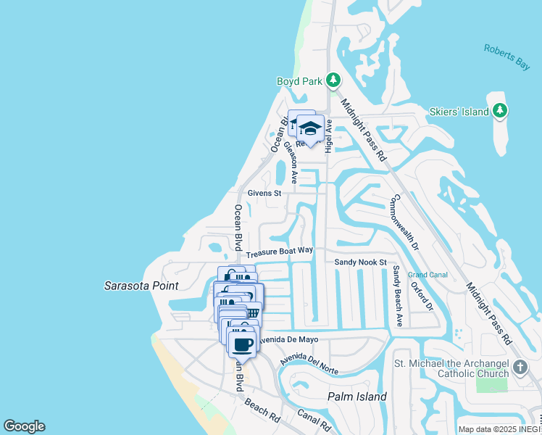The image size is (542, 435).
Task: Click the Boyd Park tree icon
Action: click(x=333, y=80)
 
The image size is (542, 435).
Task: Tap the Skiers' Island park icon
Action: click(x=499, y=110)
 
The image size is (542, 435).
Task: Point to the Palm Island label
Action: click(x=357, y=397)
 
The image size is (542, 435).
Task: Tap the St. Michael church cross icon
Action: click(x=520, y=368)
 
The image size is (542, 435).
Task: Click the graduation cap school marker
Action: click(x=310, y=128)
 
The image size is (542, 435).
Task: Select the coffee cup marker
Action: click(x=243, y=344)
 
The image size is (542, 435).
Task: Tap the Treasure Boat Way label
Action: click(x=279, y=252)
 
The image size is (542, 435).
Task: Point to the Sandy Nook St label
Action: click(x=361, y=262)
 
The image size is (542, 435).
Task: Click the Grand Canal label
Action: click(x=428, y=275)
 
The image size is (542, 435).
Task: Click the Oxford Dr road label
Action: click(x=421, y=297)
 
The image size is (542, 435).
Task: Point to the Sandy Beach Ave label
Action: click(x=398, y=296)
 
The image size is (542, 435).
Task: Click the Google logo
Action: click(x=24, y=426)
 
